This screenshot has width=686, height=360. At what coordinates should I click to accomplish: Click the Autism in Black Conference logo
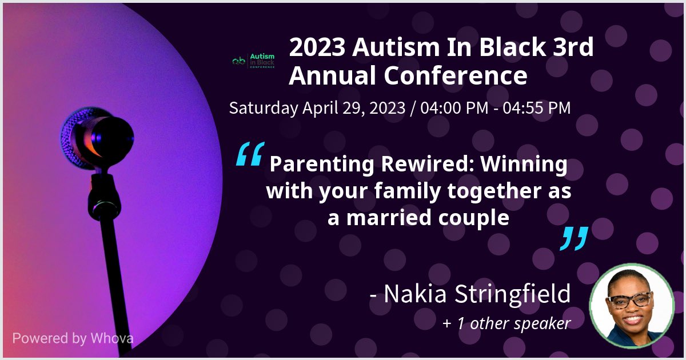pyautogui.click(x=254, y=61)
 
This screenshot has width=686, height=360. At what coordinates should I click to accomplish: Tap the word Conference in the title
pyautogui.click(x=456, y=75)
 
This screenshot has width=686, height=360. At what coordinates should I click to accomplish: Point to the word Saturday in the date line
pyautogui.click(x=262, y=107)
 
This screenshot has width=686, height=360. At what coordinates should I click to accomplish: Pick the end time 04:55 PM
pyautogui.click(x=536, y=107)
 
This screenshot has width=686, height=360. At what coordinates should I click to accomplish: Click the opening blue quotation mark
pyautogui.click(x=250, y=154)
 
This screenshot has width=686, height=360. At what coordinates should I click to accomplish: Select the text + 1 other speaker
pyautogui.click(x=506, y=323)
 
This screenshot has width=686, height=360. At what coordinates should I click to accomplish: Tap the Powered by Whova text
pyautogui.click(x=73, y=338)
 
